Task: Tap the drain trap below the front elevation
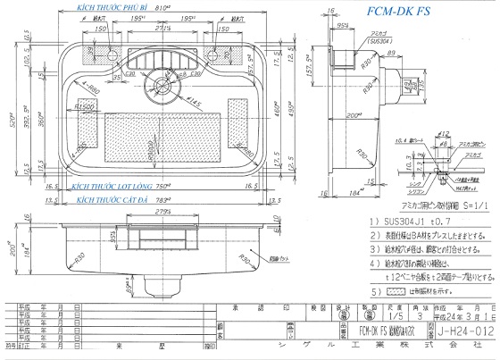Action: click(162, 286)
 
